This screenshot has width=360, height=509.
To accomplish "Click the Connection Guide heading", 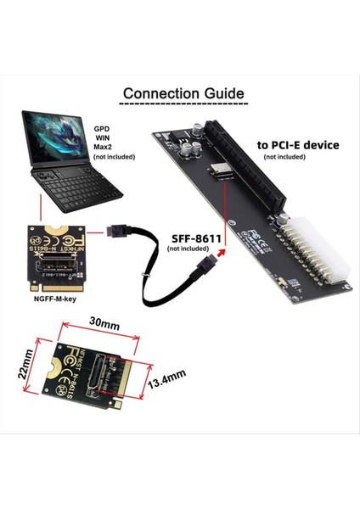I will point(183,92).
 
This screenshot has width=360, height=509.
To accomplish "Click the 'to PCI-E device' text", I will point(298,145).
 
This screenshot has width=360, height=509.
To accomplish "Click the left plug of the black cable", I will point(122,230).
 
